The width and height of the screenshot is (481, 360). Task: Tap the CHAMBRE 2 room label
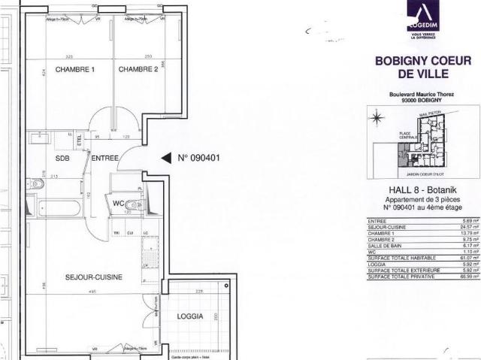(x=138, y=70)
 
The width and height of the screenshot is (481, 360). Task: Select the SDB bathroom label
(x=62, y=159)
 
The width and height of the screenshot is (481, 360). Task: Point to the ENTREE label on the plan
(x=104, y=159)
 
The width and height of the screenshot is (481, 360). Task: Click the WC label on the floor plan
(x=118, y=203)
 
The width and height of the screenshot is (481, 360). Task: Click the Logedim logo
(x=426, y=20)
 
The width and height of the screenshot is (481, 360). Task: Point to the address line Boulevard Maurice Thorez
(x=425, y=94)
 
